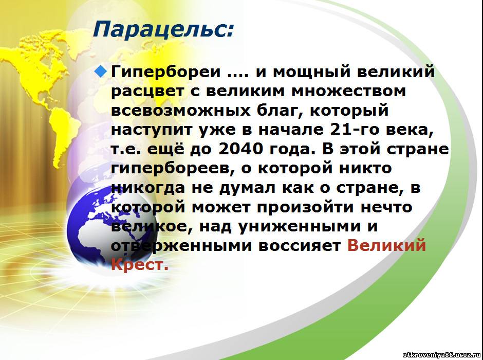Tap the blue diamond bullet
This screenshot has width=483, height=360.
click(101, 72)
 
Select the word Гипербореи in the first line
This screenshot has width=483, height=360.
click(166, 73)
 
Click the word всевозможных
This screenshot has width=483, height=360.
click(180, 111)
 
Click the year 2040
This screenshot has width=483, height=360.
click(241, 149)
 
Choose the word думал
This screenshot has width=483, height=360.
click(247, 188)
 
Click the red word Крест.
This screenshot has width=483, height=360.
click(140, 265)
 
